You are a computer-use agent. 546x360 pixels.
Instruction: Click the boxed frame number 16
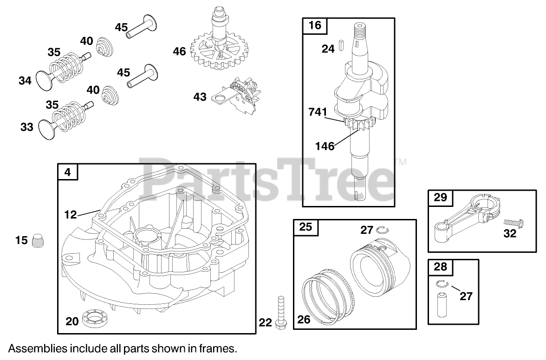314,25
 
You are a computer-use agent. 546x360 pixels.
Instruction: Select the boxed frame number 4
68,172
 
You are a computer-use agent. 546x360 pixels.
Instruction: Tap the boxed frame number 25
305,227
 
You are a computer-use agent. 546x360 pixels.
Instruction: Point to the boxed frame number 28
440,267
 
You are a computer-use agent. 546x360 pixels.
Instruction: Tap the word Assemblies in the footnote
33,348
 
